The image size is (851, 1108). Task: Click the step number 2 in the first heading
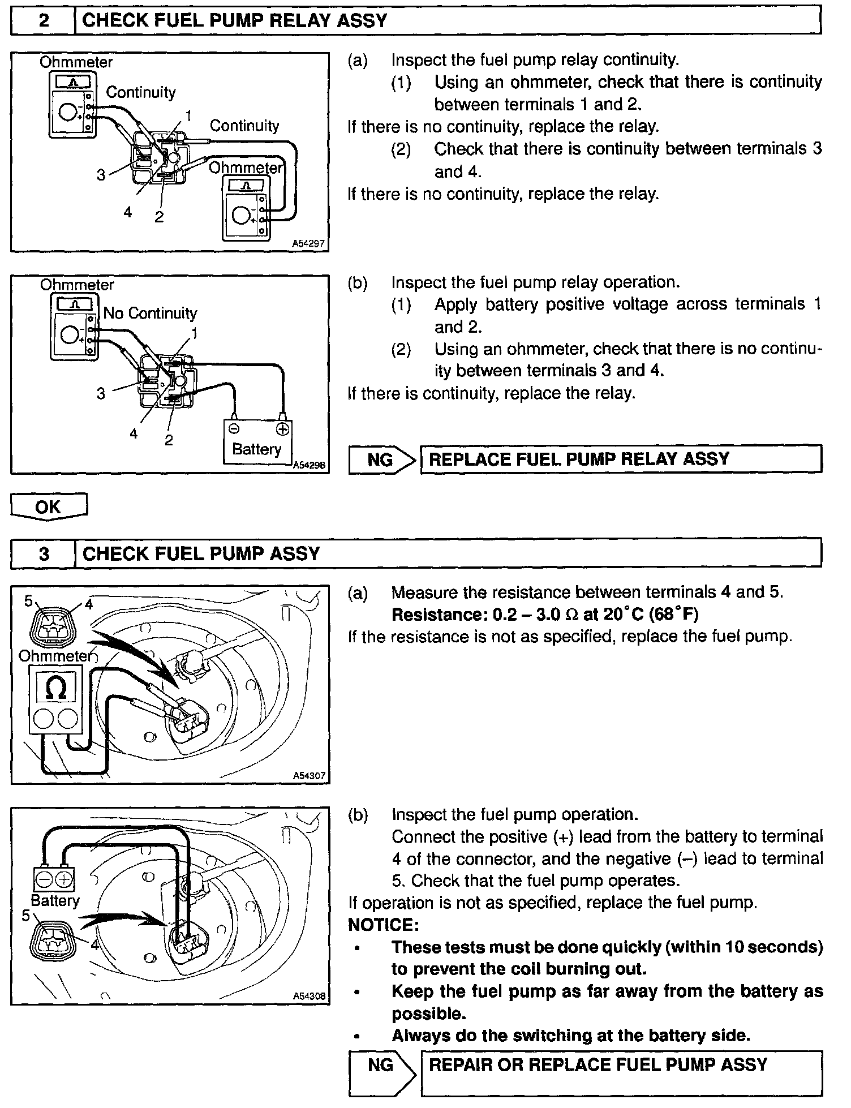coord(44,21)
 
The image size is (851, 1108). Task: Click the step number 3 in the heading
coord(44,553)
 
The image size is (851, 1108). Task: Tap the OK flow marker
coord(48,506)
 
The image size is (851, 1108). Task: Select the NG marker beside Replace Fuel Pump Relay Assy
coord(380,459)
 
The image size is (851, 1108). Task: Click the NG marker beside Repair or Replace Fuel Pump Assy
coord(380,1065)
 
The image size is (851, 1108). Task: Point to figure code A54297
coord(308,244)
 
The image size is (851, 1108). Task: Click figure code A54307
coord(309,776)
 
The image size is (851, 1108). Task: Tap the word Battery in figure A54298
coord(256,449)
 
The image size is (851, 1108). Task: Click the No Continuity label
coord(150,313)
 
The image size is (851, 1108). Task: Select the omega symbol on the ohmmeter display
coord(55,688)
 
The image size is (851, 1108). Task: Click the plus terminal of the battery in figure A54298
coord(282,429)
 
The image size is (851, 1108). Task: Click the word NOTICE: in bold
coord(383,925)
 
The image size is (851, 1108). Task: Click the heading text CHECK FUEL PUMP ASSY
coord(201,553)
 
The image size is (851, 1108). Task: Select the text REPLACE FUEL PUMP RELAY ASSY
coord(579,459)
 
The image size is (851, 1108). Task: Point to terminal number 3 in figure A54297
coord(101,175)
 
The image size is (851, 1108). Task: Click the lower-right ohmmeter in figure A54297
coord(246,208)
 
